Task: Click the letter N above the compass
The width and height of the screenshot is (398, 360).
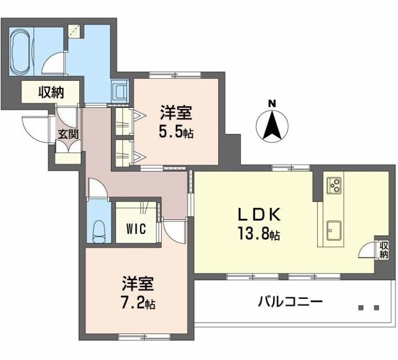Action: pyautogui.click(x=272, y=103)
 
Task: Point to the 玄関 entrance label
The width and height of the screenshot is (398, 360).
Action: pyautogui.click(x=67, y=134)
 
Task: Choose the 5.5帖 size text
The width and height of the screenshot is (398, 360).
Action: pyautogui.click(x=176, y=133)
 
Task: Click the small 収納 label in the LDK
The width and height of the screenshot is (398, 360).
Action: pyautogui.click(x=383, y=250)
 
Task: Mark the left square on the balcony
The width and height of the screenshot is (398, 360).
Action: pyautogui.click(x=361, y=308)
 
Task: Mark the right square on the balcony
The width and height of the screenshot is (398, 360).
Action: pyautogui.click(x=376, y=308)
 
